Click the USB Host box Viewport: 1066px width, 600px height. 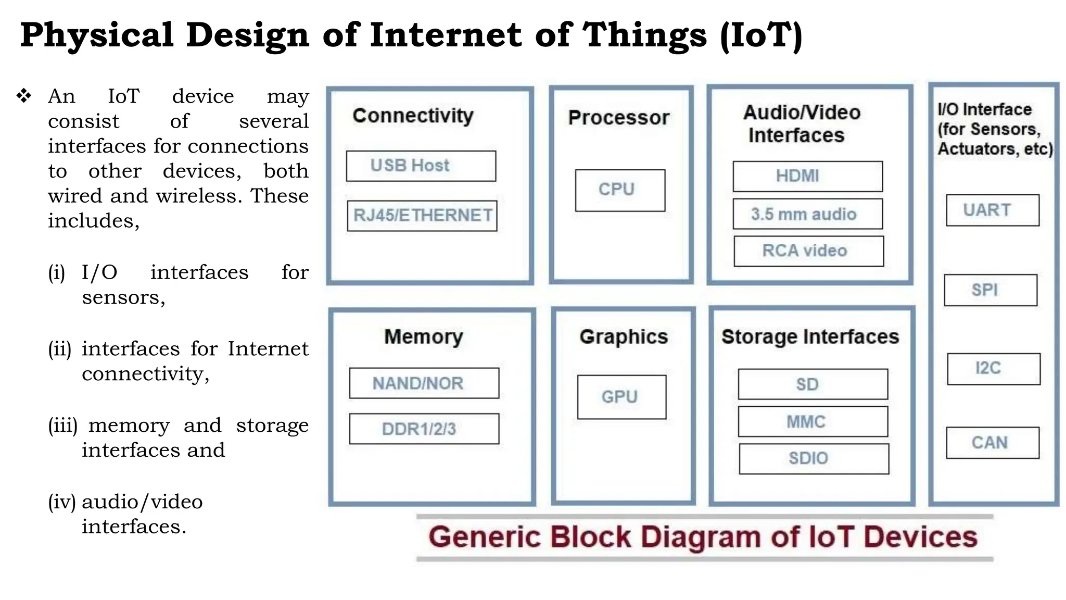coord(421,166)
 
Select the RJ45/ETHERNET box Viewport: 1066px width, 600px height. coord(422,216)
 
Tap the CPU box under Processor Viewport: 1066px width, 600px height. coord(620,190)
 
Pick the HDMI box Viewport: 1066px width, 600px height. coord(807,177)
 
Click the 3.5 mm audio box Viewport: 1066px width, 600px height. coord(807,214)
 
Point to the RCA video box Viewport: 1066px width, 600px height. coord(808,251)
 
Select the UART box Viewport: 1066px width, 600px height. coord(992,210)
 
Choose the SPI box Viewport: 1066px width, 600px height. coord(990,290)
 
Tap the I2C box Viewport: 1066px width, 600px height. coord(993,369)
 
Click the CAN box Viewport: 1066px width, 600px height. coord(992,443)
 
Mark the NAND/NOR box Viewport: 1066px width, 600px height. coord(424,383)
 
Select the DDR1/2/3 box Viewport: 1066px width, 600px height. coord(424,429)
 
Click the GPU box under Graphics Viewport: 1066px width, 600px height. coord(621,397)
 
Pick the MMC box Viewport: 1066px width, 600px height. coord(813,421)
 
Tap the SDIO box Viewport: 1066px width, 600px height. coord(814,459)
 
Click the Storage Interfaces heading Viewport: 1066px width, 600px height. coord(810,337)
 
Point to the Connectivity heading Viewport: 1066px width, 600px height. coord(413,116)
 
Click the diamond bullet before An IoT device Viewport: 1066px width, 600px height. coord(24,96)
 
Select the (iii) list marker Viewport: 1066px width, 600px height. coord(62,426)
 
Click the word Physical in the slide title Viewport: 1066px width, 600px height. coord(97,35)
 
